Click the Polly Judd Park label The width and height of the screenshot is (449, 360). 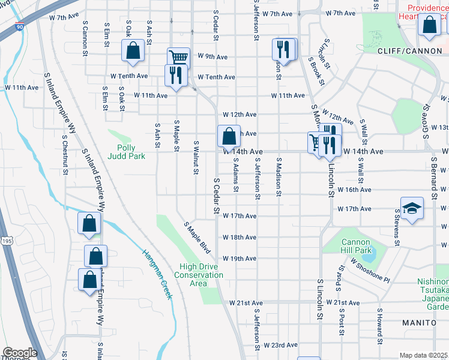pos(126,151)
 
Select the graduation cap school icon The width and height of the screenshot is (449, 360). pos(412,208)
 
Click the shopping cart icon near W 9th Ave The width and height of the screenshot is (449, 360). pos(178,58)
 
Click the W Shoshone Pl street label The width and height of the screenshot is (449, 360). pos(370,272)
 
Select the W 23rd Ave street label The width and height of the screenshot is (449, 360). pos(280,345)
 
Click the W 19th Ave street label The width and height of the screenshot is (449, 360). pos(240,259)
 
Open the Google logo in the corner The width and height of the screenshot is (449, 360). pos(20,353)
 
